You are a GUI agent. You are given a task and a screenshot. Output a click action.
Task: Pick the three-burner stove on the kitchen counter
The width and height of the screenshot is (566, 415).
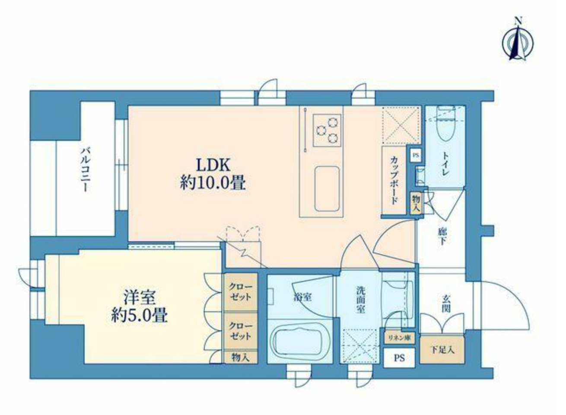(327, 129)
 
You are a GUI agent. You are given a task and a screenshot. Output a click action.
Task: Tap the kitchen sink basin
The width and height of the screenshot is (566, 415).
(327, 187)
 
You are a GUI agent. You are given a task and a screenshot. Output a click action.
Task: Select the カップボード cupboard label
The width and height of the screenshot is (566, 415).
(394, 180)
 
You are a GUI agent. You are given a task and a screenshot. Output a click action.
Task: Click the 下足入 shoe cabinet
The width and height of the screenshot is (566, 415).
(442, 349)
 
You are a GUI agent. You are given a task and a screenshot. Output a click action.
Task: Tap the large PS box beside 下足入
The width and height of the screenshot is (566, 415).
(399, 358)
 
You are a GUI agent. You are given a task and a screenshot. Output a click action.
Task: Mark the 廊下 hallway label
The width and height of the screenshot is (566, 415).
(442, 236)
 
